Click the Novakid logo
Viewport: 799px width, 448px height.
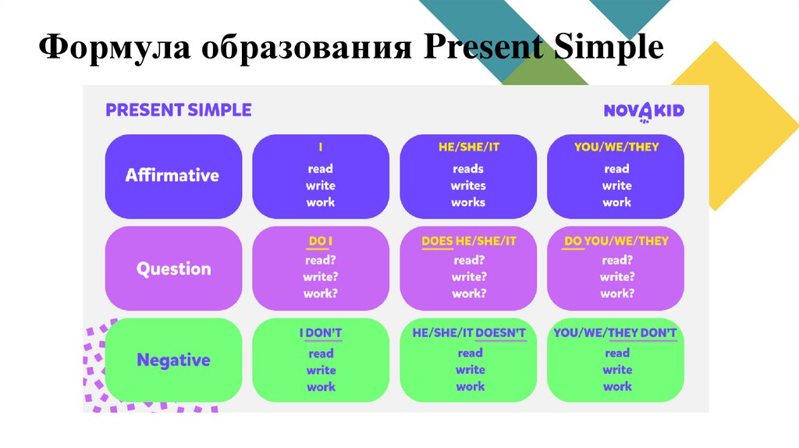coord(644,112)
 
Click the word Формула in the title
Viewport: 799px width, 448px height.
coord(115,47)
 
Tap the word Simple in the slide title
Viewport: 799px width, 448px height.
coord(609,47)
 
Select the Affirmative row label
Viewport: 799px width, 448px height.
coord(172,176)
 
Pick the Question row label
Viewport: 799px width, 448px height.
coord(174,268)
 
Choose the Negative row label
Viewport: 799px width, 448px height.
coord(174,361)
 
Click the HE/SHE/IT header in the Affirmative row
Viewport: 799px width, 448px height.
coord(469,148)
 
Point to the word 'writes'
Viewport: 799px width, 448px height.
coord(468,186)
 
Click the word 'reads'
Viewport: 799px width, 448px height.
coord(468,169)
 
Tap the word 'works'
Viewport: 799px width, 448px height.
coord(468,202)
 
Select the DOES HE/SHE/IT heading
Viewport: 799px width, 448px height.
coord(469,241)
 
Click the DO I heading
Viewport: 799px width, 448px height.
coord(321,241)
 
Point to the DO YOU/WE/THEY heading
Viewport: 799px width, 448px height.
coord(616,241)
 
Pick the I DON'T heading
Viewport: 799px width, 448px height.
coord(321,333)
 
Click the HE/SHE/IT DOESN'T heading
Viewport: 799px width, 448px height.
coord(469,333)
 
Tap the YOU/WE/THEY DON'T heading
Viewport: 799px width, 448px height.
coord(616,333)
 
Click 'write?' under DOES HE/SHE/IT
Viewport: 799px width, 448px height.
coord(469,277)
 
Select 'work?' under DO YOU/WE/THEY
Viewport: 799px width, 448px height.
coord(617,293)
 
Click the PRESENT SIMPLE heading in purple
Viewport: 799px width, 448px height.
coord(179,110)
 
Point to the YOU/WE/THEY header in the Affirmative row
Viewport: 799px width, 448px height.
coord(616,148)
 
